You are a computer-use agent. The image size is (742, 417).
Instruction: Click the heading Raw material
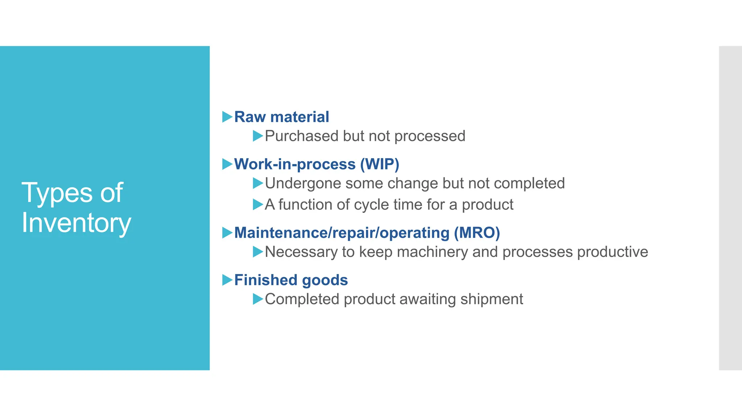[x=282, y=117]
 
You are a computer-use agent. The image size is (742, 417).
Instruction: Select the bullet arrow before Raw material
[x=227, y=117]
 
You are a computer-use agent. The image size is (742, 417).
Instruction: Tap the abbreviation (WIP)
[x=379, y=164]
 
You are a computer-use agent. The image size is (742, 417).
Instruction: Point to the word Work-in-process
[x=295, y=164]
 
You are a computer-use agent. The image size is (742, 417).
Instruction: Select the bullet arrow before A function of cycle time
[x=258, y=205]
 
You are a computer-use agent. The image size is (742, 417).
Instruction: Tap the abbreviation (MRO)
[x=477, y=232]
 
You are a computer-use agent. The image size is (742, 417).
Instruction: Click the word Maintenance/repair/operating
[x=342, y=232]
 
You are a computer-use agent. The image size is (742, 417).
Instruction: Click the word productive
[x=612, y=252]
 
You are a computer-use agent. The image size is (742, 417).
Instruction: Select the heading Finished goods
[x=291, y=280]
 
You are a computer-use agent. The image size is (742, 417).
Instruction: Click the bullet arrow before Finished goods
[x=227, y=280]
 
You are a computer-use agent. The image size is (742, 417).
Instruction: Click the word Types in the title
[x=57, y=193]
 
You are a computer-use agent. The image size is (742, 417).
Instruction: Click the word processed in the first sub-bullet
[x=430, y=136]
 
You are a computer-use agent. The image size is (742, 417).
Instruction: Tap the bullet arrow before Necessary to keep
[x=258, y=252]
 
